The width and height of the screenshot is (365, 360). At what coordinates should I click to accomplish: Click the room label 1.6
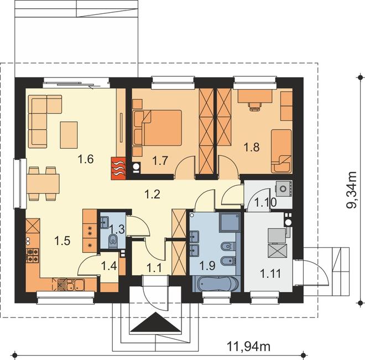(86, 159)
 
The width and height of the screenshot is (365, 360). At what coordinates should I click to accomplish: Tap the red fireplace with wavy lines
(118, 169)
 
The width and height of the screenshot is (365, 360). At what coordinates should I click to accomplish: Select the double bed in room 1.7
(158, 128)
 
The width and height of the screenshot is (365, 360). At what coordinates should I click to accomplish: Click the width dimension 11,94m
(249, 346)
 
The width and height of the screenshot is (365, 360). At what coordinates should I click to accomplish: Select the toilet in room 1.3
(113, 241)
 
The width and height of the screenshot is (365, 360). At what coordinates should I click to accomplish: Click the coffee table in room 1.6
(69, 135)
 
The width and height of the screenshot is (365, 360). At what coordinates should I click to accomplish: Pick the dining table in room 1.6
(43, 184)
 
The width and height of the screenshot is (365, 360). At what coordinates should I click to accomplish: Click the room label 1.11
(270, 273)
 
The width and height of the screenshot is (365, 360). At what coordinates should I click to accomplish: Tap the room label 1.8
(252, 147)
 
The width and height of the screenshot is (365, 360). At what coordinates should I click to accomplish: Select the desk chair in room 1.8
(255, 106)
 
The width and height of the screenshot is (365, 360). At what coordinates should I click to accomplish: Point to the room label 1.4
(109, 266)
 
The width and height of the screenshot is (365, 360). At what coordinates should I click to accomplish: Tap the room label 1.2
(153, 194)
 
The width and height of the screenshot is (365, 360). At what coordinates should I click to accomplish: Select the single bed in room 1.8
(281, 152)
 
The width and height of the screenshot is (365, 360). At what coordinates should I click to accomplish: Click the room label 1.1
(154, 269)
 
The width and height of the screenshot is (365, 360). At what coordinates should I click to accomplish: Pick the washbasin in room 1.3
(105, 222)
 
